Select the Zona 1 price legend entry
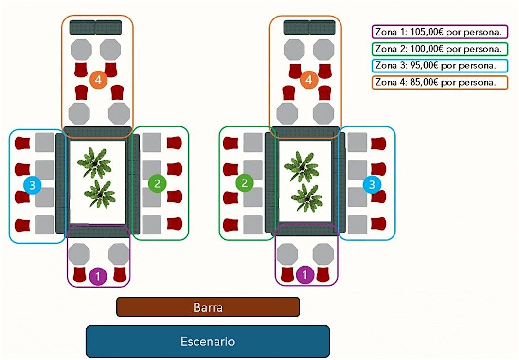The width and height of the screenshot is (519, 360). point(440,33)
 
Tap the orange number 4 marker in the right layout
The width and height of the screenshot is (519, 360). point(308,80)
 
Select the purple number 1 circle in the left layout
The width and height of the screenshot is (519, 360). point(98,276)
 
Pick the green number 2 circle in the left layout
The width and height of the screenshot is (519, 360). point(157,183)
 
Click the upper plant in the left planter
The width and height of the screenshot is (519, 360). point(94,162)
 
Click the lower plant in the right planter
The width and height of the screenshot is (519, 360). point(307,197)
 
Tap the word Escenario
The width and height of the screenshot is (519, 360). point(208,341)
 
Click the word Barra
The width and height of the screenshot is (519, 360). point(208,307)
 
